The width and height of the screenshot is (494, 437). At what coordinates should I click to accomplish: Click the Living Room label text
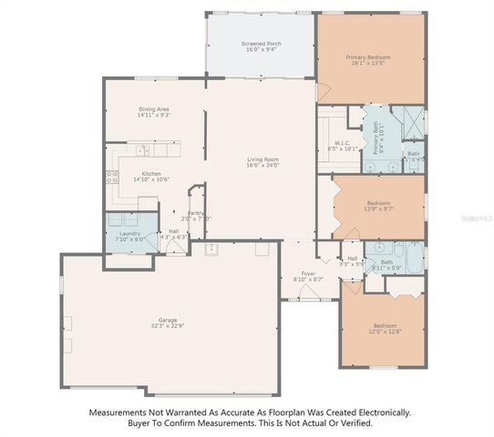pos(262,159)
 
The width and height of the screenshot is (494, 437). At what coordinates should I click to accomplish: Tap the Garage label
pos(168,320)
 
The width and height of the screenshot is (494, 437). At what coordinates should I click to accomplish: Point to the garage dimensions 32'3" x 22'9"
pos(168,326)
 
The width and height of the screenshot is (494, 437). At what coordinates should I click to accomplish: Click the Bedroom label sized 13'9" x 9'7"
pos(378,202)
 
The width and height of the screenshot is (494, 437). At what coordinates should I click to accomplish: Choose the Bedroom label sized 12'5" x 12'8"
pos(385,325)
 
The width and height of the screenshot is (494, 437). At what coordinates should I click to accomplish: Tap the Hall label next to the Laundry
pos(173,230)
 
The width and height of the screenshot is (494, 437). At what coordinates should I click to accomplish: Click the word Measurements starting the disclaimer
pos(118,412)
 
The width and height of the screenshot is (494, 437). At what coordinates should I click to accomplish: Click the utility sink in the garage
pos(211,248)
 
